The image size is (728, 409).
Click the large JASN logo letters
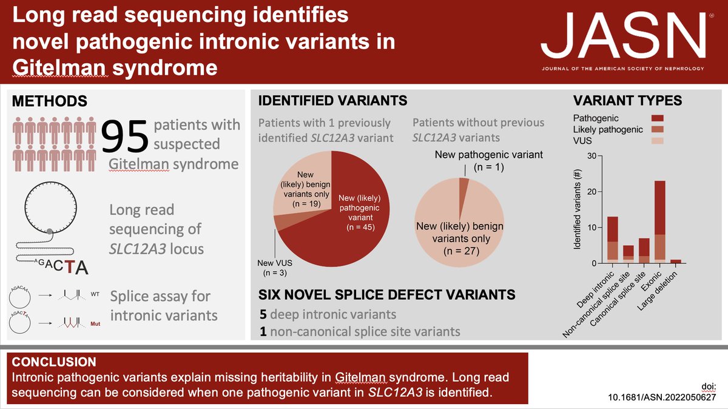(623, 36)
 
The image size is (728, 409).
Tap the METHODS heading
(49, 101)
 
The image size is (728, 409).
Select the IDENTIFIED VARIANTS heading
(332, 101)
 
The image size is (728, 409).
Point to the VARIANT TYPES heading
(627, 101)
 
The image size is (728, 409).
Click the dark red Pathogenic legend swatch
(658, 118)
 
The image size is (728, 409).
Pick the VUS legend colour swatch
(658, 141)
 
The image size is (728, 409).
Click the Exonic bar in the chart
(660, 221)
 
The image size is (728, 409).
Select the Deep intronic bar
(613, 240)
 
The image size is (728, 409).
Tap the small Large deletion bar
(676, 262)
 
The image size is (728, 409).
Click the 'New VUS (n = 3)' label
(275, 268)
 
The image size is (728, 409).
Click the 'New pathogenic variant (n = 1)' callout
(489, 161)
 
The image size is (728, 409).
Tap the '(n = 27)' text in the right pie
(461, 251)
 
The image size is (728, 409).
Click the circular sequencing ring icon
(51, 208)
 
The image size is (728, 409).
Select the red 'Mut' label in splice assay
(95, 324)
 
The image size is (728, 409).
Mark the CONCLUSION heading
(54, 362)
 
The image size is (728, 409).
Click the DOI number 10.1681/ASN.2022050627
(662, 397)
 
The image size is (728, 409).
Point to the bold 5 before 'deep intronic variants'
(263, 314)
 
